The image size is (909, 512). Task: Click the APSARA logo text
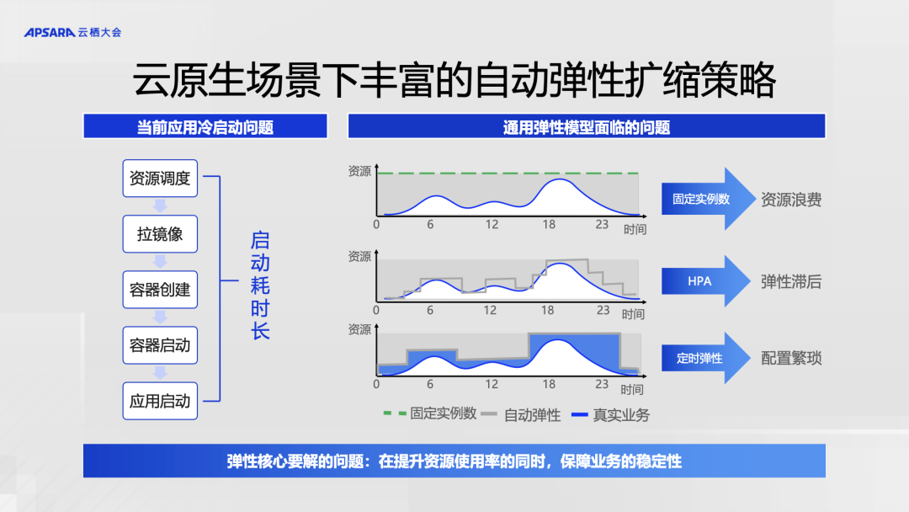pyautogui.click(x=50, y=33)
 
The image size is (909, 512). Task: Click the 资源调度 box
pyautogui.click(x=160, y=178)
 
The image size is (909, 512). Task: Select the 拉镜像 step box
pyautogui.click(x=160, y=233)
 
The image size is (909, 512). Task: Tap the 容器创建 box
pyautogui.click(x=160, y=290)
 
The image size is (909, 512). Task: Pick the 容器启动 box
pyautogui.click(x=160, y=345)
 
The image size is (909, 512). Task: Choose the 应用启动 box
pyautogui.click(x=160, y=401)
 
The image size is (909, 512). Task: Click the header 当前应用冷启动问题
pyautogui.click(x=205, y=126)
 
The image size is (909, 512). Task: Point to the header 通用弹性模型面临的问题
pyautogui.click(x=586, y=126)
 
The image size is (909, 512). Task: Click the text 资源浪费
pyautogui.click(x=790, y=200)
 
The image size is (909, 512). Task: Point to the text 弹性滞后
pyautogui.click(x=790, y=282)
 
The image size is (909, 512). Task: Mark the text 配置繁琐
pyautogui.click(x=790, y=359)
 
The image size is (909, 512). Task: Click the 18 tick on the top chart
pyautogui.click(x=549, y=224)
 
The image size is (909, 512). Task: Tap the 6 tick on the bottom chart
pyautogui.click(x=429, y=384)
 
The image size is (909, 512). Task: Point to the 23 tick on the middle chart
pyautogui.click(x=603, y=310)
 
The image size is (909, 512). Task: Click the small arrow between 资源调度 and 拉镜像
pyautogui.click(x=160, y=205)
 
